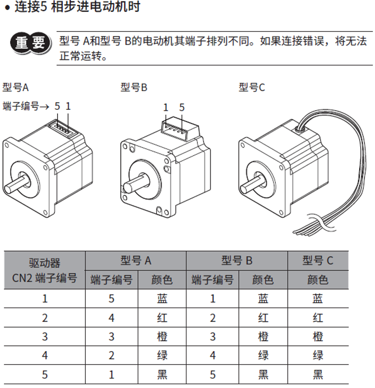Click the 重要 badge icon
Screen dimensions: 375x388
coord(31,43)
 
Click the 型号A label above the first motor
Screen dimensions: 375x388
coord(15,87)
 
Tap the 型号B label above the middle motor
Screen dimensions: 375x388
coord(134,87)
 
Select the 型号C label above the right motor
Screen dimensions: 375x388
coord(252,87)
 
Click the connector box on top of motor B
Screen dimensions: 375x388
coord(180,129)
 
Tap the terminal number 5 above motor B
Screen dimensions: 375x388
coord(182,107)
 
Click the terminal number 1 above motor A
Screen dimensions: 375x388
coord(68,106)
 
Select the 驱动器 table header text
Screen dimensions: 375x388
coord(45,263)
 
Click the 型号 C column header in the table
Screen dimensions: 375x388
coord(318,260)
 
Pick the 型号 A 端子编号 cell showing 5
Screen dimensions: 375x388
coord(111,299)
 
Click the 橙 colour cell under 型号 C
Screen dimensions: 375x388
coord(318,337)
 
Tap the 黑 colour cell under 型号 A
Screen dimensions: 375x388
coord(162,375)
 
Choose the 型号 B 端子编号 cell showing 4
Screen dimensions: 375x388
coord(213,355)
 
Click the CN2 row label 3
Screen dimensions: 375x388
coord(45,337)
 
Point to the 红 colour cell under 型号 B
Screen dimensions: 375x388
coord(263,317)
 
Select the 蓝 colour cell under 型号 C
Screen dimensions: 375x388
coord(318,299)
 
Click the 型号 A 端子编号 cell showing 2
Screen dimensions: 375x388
coord(111,355)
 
